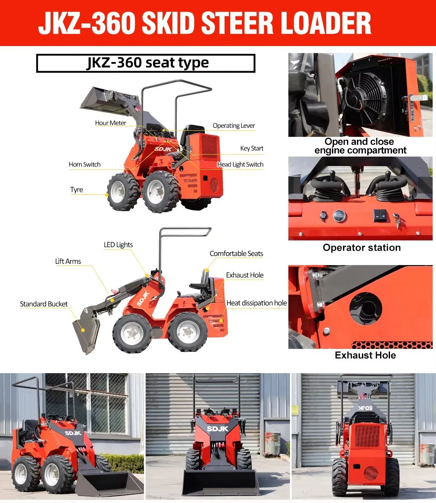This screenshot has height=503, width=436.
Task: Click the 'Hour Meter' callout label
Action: pos(111,123)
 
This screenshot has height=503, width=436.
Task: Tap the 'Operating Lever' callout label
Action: pos(234,126)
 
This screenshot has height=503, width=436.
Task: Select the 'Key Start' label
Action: pos(252,148)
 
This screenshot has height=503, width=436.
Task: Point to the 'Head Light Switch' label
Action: pos(240,164)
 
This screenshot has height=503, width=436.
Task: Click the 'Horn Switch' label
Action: pos(84,164)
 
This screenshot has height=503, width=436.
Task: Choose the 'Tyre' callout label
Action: pos(77,189)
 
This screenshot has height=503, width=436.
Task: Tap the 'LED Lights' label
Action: pos(118,245)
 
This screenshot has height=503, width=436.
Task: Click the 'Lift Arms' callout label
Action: pos(68,261)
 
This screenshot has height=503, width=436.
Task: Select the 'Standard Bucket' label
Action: pos(44,304)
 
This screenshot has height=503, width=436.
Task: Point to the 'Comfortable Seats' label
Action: pos(236,254)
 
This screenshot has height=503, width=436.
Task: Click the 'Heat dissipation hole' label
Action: pos(257,303)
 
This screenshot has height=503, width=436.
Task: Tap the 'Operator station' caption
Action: pos(362,247)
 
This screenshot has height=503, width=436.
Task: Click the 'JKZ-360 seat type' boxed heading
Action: pos(146,63)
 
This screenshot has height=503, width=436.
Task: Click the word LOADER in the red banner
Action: pos(326,23)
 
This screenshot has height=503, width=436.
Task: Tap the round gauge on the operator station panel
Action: pos(339,216)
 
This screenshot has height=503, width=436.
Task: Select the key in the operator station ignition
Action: pos(397,220)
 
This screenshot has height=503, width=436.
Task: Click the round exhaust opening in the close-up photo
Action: pos(365,309)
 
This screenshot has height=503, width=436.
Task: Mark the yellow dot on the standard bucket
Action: pos(83,330)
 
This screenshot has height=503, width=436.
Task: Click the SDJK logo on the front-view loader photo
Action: pos(218,429)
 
